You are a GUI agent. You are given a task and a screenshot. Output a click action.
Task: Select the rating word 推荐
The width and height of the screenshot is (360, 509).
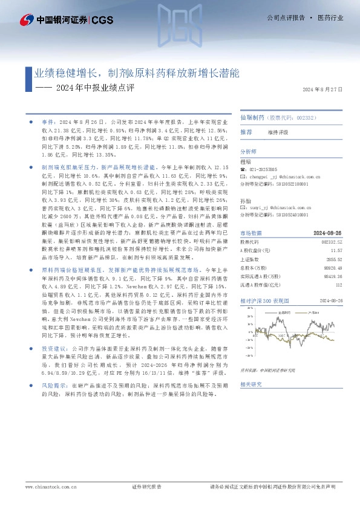(x=246, y=132)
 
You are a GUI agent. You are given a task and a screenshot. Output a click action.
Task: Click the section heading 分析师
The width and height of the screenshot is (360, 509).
(x=249, y=152)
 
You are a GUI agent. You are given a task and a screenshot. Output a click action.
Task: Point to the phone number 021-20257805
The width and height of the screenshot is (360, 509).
(x=268, y=170)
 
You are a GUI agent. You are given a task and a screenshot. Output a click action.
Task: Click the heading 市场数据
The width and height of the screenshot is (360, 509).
(x=251, y=233)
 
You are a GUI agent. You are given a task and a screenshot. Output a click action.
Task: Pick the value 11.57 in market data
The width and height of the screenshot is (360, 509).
(x=337, y=250)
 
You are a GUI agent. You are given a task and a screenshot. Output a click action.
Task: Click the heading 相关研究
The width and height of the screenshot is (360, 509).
(x=251, y=384)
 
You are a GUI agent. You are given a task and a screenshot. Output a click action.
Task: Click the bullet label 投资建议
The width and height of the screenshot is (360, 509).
(x=53, y=349)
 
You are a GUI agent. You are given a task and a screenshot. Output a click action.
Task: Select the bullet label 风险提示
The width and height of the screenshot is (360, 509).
(x=53, y=384)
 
